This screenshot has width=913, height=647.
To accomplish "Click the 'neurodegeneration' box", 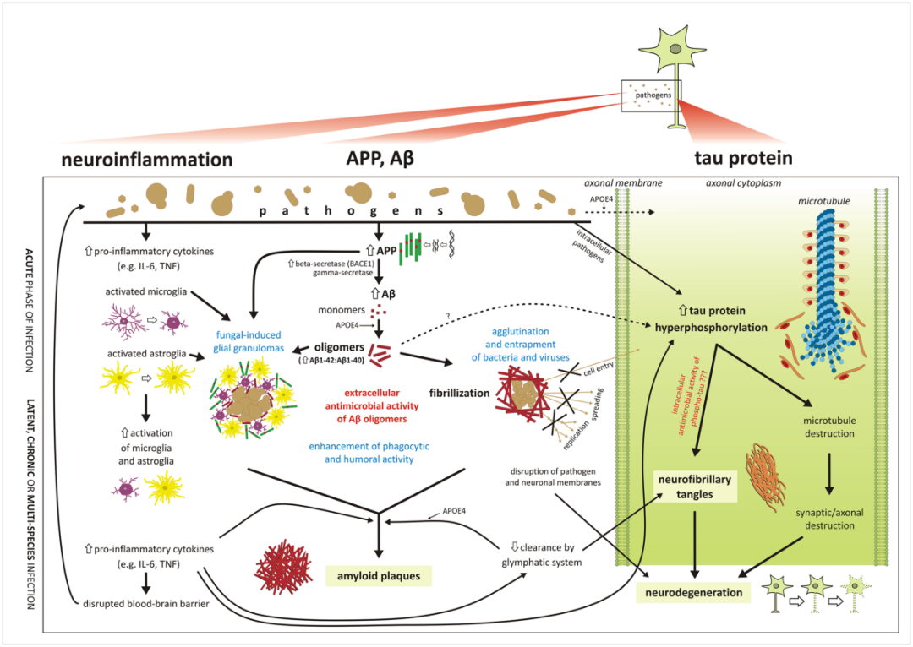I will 695,592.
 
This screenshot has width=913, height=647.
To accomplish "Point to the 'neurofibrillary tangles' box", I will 696,485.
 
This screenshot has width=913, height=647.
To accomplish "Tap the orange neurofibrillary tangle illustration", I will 768,472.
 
